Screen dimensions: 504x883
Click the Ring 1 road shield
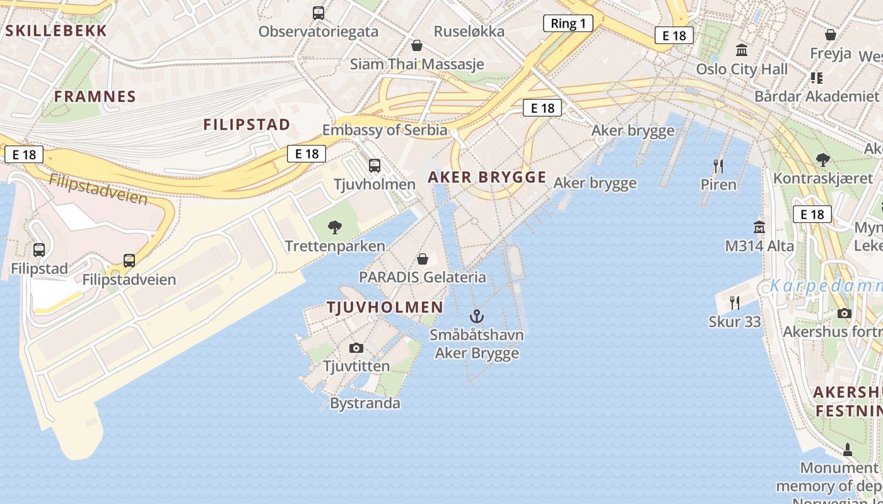coord(568,24)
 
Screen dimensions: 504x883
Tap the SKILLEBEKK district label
coord(56,30)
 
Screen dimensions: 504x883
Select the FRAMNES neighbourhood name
coord(95,96)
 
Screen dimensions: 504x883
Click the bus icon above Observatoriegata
coord(319,13)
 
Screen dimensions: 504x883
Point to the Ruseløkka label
coord(469,31)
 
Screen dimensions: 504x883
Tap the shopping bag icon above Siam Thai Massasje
coord(416,45)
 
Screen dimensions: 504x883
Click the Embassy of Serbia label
coord(385,130)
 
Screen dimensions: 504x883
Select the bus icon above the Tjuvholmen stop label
coord(375,166)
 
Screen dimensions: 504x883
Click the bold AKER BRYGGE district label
coord(487,177)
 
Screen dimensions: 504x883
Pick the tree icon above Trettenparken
coord(335,227)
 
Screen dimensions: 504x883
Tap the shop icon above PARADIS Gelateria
coord(423,258)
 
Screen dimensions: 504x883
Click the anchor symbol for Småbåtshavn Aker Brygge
coord(477,316)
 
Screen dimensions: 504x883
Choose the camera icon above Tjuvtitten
coord(356,348)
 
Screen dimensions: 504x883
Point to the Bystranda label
coord(365,403)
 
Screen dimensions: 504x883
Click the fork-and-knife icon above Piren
coord(718,166)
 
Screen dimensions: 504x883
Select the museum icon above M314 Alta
coord(759,227)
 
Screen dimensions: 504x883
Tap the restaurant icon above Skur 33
coord(735,303)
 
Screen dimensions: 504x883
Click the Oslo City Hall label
coord(742,69)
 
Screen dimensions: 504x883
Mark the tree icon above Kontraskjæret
coord(822,160)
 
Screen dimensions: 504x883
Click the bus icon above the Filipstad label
coord(39,250)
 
